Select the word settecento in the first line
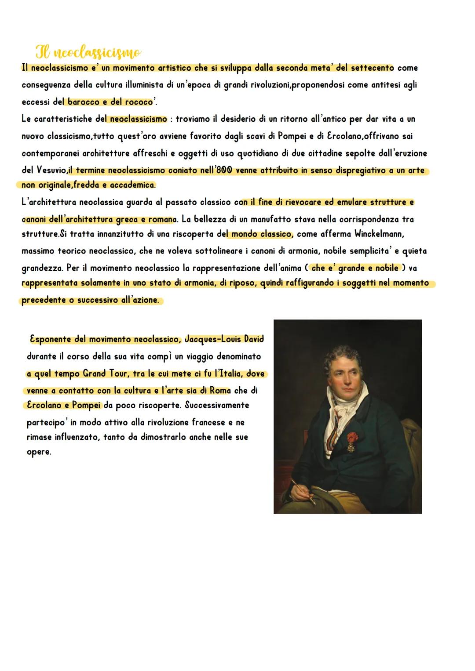pos(372,68)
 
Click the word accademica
pos(133,185)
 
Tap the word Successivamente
pos(217,405)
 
